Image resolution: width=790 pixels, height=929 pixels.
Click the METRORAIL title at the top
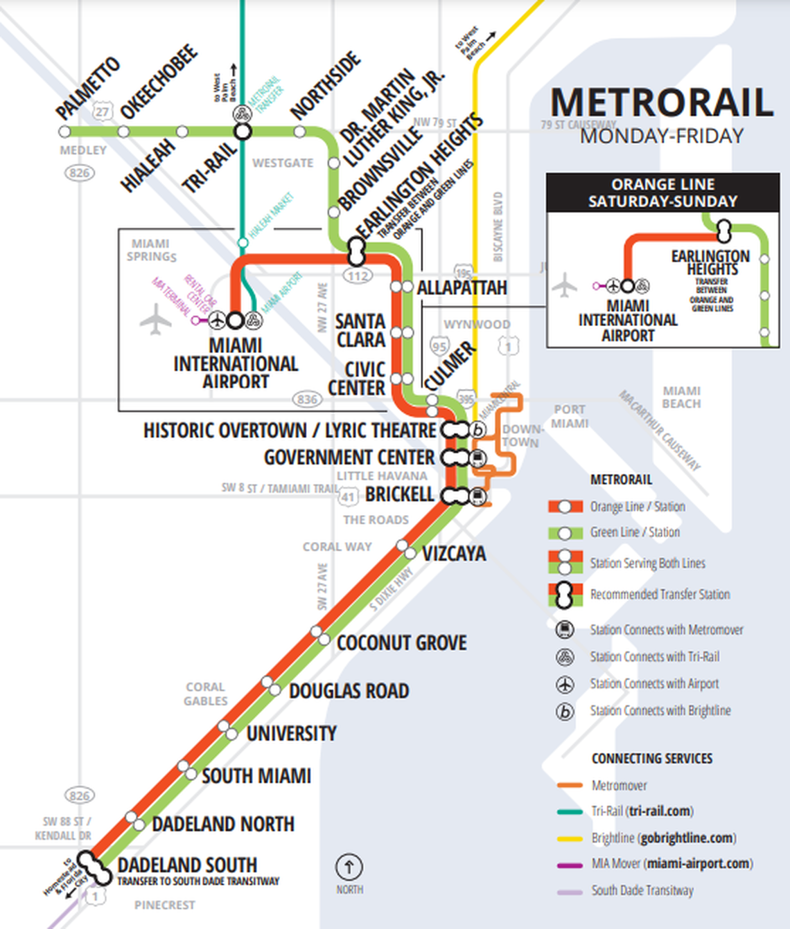(x=661, y=102)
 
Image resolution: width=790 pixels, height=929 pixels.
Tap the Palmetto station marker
(x=64, y=132)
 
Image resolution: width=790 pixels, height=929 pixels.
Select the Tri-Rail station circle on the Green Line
(x=242, y=132)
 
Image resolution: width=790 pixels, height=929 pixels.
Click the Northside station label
(x=326, y=84)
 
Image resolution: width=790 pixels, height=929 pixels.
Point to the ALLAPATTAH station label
(x=462, y=287)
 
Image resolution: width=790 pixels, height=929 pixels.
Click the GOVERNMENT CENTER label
(x=349, y=458)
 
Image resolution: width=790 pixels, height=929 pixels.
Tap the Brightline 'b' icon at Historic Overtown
(x=478, y=430)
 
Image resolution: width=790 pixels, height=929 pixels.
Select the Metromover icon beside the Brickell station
(x=477, y=496)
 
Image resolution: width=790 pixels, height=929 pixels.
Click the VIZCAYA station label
(x=454, y=554)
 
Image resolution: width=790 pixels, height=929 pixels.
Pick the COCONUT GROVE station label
(x=401, y=643)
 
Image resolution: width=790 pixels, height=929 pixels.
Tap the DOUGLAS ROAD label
(x=349, y=691)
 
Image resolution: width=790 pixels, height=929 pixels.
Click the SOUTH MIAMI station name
(x=256, y=776)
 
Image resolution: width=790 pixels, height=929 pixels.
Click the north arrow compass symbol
(x=349, y=867)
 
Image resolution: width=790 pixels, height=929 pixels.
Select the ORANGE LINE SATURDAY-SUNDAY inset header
(x=662, y=192)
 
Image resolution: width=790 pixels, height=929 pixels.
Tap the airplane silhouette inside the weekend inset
(x=565, y=285)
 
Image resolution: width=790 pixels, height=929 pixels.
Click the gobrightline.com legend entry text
(x=687, y=838)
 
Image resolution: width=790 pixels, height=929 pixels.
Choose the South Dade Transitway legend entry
(x=642, y=891)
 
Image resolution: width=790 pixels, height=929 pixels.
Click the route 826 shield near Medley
(x=80, y=172)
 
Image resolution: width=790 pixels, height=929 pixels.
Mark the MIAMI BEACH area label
(x=681, y=397)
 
